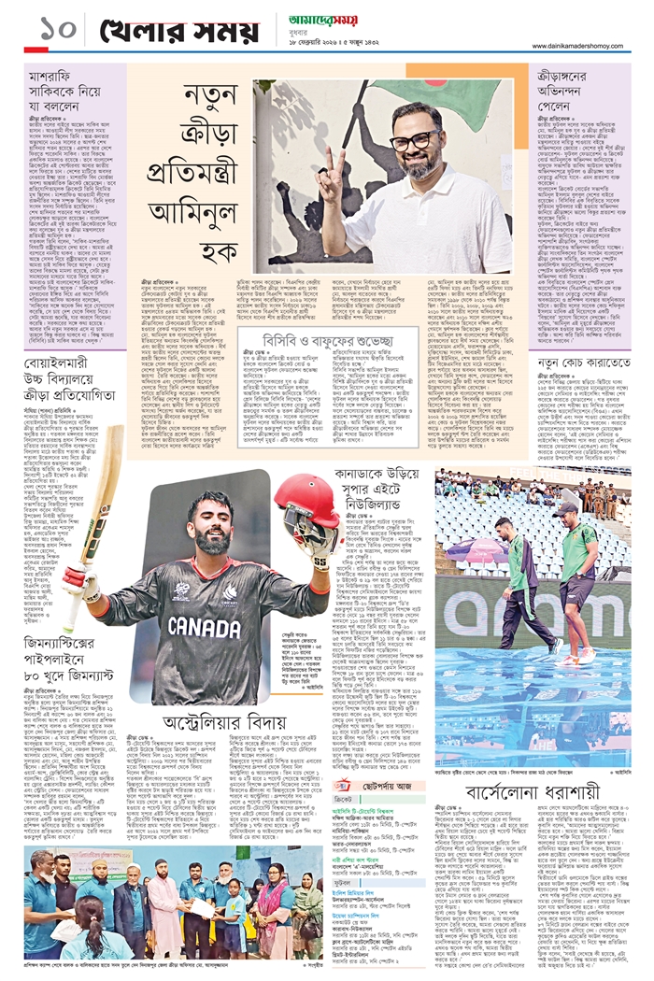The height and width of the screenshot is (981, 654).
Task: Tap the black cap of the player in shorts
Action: coord(564,509)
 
